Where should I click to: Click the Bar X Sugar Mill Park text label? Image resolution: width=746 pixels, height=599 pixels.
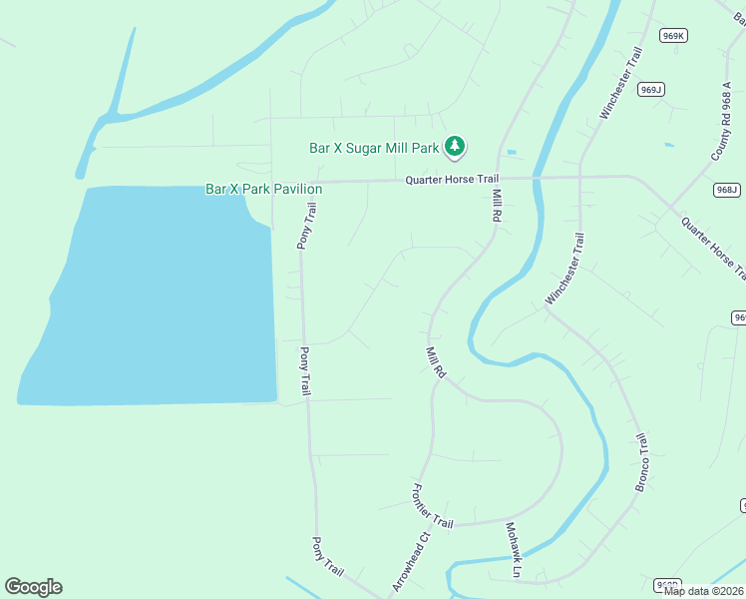(374, 148)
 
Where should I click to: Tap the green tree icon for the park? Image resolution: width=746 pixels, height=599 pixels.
(455, 147)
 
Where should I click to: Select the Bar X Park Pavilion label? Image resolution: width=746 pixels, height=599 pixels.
(263, 189)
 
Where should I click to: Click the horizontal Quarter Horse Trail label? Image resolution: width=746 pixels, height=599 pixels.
(451, 180)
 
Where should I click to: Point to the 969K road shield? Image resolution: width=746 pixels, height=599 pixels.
(674, 36)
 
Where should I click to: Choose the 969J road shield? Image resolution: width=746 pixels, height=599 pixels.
(651, 90)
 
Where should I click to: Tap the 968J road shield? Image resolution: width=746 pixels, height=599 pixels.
(727, 190)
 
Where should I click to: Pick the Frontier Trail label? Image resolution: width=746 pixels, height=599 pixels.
(432, 507)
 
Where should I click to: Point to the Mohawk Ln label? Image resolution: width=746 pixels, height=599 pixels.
(513, 550)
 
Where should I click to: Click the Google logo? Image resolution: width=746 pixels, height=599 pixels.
(33, 587)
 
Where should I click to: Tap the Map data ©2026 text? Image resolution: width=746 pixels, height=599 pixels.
(702, 591)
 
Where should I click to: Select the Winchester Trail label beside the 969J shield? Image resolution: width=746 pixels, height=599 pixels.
(618, 89)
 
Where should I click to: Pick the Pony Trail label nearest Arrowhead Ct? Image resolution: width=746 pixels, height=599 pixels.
(328, 556)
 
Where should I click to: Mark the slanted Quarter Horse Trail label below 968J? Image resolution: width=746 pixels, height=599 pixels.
(711, 248)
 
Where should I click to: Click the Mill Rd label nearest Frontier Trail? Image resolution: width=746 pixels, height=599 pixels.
(435, 362)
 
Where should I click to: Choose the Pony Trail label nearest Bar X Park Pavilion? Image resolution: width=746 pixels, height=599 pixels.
(307, 226)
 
